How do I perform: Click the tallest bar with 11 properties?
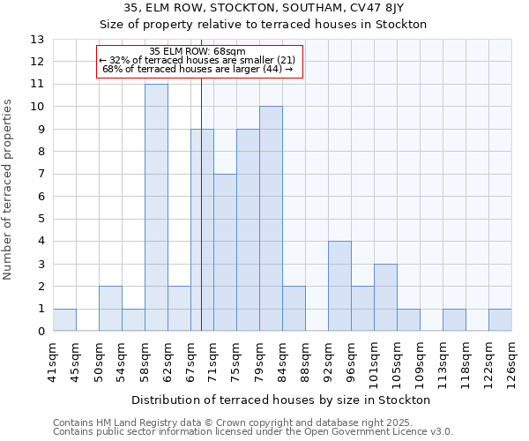click(156, 207)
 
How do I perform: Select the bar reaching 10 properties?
click(271, 219)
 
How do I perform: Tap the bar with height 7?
click(225, 252)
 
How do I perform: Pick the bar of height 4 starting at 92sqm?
click(339, 286)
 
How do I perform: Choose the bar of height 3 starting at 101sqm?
click(385, 297)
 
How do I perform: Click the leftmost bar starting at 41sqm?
click(64, 320)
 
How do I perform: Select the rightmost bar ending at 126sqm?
click(500, 320)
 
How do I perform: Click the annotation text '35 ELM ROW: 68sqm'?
click(197, 52)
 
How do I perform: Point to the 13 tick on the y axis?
click(37, 40)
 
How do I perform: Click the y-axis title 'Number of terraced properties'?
click(9, 190)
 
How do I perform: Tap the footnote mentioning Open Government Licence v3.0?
click(253, 432)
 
